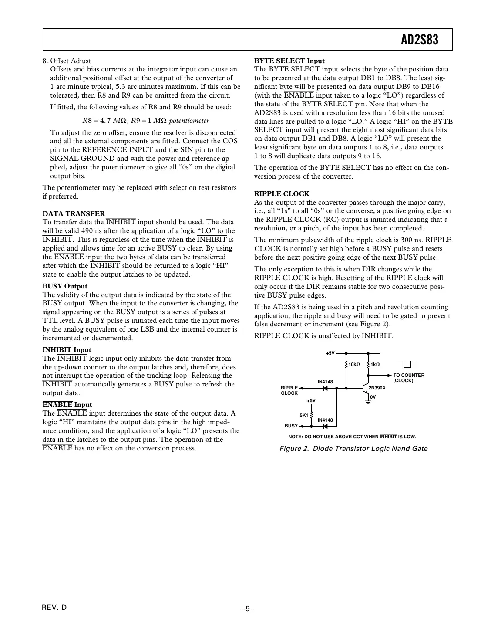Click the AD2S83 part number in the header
(419, 40)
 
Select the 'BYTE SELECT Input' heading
(289, 61)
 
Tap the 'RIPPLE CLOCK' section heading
(282, 194)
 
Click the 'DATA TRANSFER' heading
(74, 213)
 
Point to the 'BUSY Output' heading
(65, 286)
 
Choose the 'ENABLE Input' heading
(67, 405)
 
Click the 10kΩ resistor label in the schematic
(353, 364)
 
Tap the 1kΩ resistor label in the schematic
(375, 364)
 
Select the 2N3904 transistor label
(377, 388)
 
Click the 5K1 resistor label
(304, 415)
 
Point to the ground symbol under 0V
(368, 402)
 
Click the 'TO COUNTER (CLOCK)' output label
(408, 378)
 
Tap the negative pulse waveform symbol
(407, 364)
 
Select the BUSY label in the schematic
(291, 426)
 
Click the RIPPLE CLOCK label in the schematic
(289, 390)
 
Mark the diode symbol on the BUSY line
(325, 426)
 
